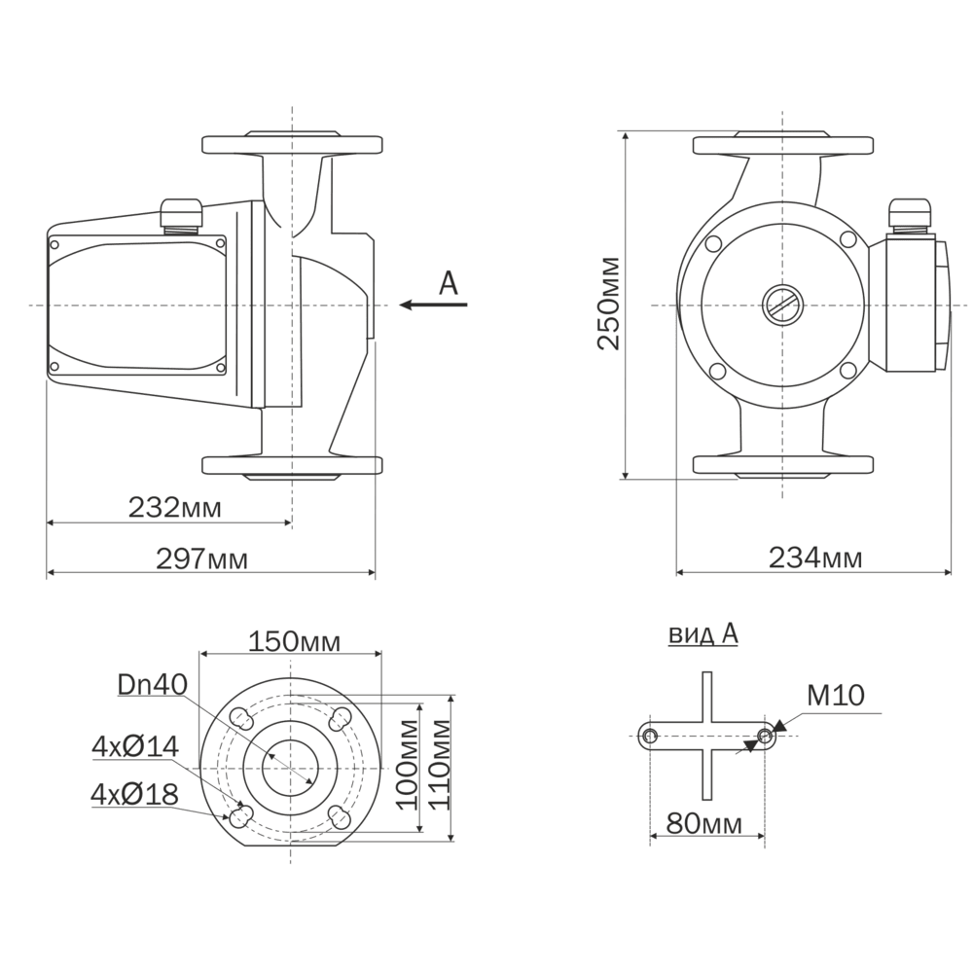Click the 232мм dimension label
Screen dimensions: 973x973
pyautogui.click(x=174, y=508)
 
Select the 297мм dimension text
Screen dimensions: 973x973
pyautogui.click(x=201, y=559)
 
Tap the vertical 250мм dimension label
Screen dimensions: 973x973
pyautogui.click(x=608, y=304)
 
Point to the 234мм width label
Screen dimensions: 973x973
pyautogui.click(x=815, y=558)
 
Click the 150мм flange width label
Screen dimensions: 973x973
pyautogui.click(x=294, y=641)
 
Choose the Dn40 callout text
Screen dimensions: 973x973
pyautogui.click(x=153, y=684)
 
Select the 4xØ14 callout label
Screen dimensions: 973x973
pyautogui.click(x=135, y=746)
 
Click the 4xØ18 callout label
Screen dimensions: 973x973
pyautogui.click(x=134, y=794)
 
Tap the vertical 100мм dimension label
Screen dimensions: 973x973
pyautogui.click(x=407, y=765)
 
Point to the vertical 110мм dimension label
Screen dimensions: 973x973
pyautogui.click(x=440, y=765)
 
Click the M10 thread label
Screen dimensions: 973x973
pyautogui.click(x=835, y=696)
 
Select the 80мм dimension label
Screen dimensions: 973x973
pyautogui.click(x=703, y=824)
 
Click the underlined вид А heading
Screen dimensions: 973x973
pyautogui.click(x=703, y=633)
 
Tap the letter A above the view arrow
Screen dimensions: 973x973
pyautogui.click(x=448, y=283)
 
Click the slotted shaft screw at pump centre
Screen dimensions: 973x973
pyautogui.click(x=782, y=306)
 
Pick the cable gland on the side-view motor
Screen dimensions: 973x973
pyautogui.click(x=181, y=215)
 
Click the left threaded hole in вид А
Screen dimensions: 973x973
pyautogui.click(x=650, y=737)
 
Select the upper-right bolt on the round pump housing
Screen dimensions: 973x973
pyautogui.click(x=848, y=239)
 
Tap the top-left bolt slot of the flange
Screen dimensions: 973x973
pyautogui.click(x=240, y=719)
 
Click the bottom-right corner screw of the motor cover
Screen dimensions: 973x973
pyautogui.click(x=221, y=368)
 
